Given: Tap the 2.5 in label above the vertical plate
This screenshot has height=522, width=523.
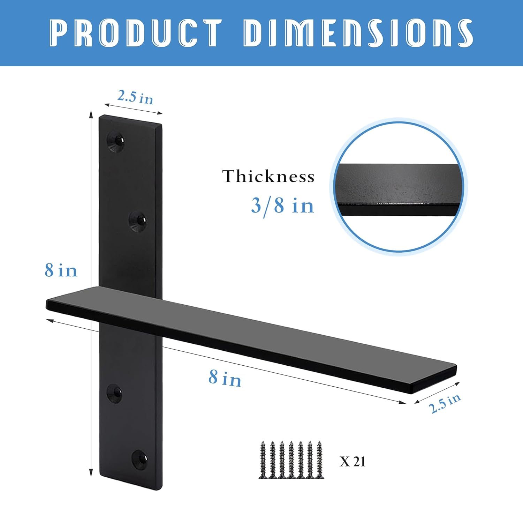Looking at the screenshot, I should click(x=135, y=97).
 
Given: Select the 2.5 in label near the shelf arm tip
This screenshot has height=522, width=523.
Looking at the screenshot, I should click(x=445, y=403).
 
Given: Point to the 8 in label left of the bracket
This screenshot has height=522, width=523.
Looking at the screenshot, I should click(x=61, y=270).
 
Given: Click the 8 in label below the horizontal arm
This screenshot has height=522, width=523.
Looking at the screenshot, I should click(x=225, y=378).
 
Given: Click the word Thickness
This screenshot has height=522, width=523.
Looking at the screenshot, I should click(x=268, y=176).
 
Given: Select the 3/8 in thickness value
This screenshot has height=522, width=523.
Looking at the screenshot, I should click(x=282, y=205).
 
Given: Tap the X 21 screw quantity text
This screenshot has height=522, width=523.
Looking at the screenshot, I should click(x=353, y=461).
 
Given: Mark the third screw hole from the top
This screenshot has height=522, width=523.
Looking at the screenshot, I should click(x=114, y=394).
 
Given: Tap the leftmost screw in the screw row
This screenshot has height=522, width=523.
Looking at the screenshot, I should click(x=263, y=460).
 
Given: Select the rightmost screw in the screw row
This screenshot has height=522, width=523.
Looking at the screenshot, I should click(x=319, y=460).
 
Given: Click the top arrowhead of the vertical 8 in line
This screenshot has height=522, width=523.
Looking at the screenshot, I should click(x=91, y=114).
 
